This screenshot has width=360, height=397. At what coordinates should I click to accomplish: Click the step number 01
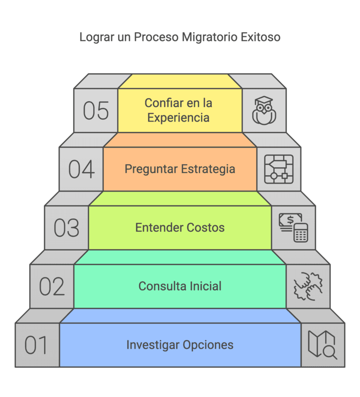(x=36, y=345)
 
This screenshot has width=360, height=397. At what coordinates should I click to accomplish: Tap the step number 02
(x=52, y=286)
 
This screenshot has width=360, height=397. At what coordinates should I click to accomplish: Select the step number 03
(x=66, y=228)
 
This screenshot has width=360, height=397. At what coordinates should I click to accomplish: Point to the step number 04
(x=81, y=169)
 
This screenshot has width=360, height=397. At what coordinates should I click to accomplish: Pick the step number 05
(x=96, y=111)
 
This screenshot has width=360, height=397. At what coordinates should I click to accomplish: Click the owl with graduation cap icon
(x=264, y=111)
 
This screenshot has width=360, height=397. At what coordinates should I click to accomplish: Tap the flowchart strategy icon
(x=279, y=169)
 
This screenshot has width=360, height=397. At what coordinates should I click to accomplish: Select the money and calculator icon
(x=293, y=227)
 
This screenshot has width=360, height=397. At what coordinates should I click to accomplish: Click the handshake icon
(x=308, y=286)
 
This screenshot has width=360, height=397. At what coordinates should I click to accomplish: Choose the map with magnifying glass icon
(x=322, y=344)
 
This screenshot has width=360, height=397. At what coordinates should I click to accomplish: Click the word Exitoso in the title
(x=261, y=37)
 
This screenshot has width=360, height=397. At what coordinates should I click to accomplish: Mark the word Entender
(x=157, y=228)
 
